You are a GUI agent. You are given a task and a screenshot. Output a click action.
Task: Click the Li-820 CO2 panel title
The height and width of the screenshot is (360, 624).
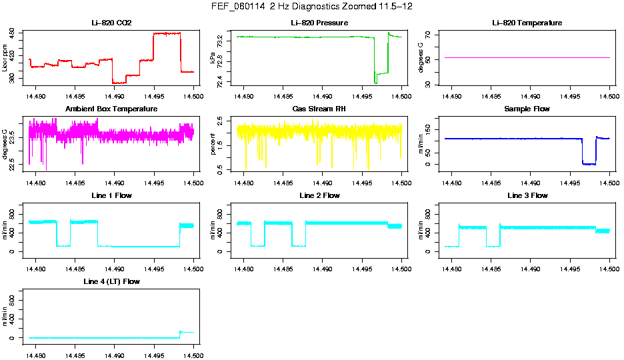[x=111, y=23]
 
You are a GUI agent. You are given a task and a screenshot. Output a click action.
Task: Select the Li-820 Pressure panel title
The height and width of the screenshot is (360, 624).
[x=319, y=23]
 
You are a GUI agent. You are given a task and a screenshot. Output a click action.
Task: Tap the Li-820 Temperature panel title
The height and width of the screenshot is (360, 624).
[x=527, y=23]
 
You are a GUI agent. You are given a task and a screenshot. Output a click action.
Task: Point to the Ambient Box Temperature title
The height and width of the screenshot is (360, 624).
[x=111, y=109]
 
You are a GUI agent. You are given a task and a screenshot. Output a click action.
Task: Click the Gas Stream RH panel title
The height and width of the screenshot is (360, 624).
[x=319, y=109]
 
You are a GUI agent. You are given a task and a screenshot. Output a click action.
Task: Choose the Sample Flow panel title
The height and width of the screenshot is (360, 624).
[x=527, y=109]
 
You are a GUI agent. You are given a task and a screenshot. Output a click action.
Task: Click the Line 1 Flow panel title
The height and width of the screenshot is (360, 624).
[x=111, y=195]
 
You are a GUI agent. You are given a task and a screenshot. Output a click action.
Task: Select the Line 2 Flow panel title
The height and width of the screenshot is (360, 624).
[x=319, y=195]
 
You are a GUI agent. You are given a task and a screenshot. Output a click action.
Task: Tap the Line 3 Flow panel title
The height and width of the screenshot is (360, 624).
[x=527, y=195]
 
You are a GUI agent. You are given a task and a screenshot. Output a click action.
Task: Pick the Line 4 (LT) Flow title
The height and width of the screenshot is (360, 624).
[x=111, y=282]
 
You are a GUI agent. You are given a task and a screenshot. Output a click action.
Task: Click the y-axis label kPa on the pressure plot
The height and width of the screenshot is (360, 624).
[x=213, y=58]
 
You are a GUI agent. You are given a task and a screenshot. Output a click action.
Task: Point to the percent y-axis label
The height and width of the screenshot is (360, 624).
[x=213, y=144]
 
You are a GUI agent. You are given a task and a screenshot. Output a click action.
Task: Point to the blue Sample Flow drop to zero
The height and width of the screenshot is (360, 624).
[x=589, y=163]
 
